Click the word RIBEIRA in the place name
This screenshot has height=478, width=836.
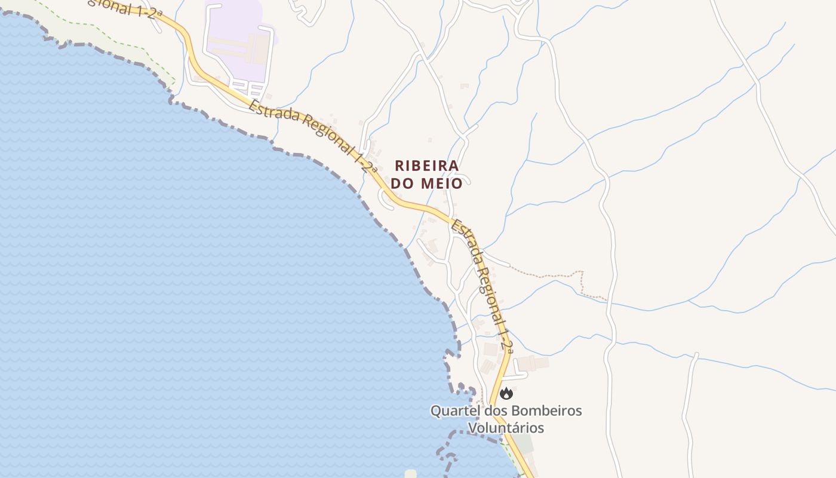(426, 166)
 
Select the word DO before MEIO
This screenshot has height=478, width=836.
(404, 183)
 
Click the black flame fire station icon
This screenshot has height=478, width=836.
(506, 393)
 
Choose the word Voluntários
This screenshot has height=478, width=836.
(506, 428)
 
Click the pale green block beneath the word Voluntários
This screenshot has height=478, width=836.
(522, 443)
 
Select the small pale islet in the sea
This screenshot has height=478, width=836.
(410, 474)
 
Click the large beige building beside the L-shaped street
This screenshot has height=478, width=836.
(531, 363)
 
